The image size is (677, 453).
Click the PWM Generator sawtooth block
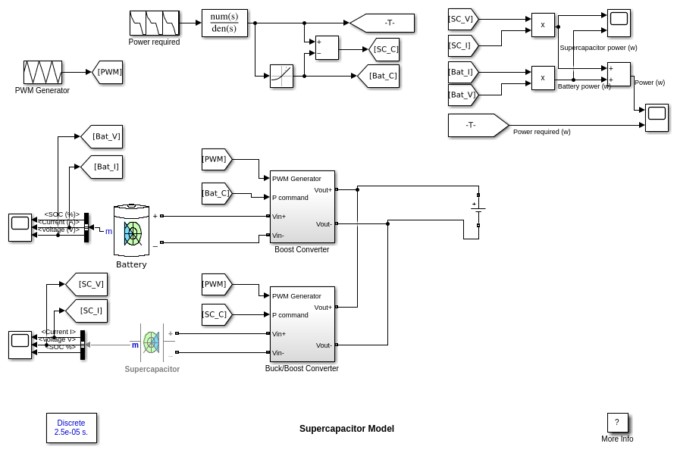point(42,73)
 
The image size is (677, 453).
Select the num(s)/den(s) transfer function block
point(224,23)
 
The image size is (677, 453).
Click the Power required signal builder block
point(155,23)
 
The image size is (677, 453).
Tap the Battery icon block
point(131,230)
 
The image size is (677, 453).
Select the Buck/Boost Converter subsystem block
point(302,324)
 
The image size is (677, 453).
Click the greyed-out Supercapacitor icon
point(152,342)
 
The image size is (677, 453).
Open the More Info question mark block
point(617,423)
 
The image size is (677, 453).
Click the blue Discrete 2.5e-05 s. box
point(71,428)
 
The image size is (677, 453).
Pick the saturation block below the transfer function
point(281,76)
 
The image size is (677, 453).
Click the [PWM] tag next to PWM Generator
point(108,72)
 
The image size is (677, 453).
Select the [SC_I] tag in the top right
point(462,45)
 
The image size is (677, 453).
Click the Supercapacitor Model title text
point(346,429)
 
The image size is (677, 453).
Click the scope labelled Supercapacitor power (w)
point(619,23)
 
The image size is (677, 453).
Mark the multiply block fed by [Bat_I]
point(543,78)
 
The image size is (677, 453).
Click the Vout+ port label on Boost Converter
point(322,190)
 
